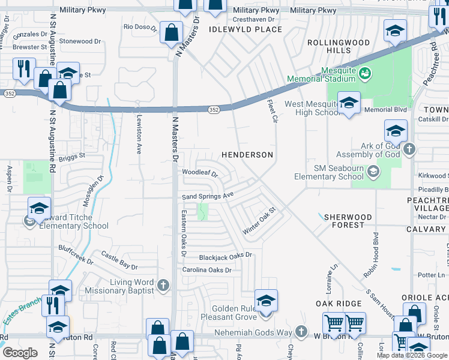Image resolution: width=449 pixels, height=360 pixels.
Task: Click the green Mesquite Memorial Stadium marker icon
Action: (x=366, y=73)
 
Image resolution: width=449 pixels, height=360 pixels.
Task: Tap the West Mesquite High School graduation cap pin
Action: (x=348, y=103)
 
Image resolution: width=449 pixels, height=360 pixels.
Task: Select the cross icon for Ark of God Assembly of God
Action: (x=409, y=149)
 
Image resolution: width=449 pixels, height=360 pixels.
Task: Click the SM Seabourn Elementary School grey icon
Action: (x=373, y=172)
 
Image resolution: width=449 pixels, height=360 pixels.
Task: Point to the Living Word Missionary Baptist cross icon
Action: (x=163, y=286)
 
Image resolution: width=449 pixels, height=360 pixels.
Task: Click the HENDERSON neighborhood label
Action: (x=247, y=155)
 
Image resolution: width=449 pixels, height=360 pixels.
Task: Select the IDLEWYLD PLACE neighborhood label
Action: (x=245, y=29)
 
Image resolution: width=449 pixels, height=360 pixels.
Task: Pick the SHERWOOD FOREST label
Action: (x=348, y=220)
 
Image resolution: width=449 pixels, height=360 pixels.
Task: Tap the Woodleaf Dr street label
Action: (x=199, y=173)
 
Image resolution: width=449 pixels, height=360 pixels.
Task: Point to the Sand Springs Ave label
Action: (x=208, y=196)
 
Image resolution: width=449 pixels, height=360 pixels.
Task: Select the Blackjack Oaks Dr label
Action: (x=225, y=256)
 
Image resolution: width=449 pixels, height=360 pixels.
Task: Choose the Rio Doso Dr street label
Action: (x=140, y=27)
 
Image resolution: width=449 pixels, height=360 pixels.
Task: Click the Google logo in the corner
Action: (x=20, y=353)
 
